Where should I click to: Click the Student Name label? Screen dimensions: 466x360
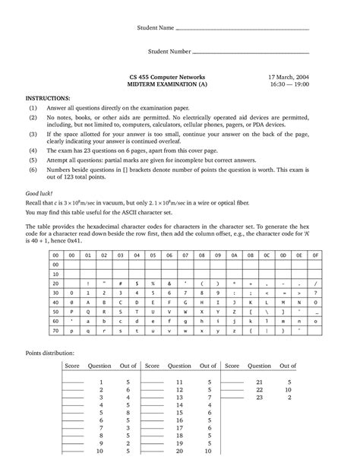pyautogui.click(x=154, y=29)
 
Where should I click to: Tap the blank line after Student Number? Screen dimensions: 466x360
pyautogui.click(x=251, y=54)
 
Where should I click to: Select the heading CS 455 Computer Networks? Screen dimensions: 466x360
pyautogui.click(x=166, y=79)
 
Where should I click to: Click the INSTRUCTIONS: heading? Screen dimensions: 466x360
pyautogui.click(x=48, y=98)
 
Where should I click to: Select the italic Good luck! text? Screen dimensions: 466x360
pyautogui.click(x=39, y=195)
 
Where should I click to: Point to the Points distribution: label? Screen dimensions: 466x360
pyautogui.click(x=50, y=353)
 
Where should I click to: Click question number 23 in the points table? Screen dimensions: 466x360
pyautogui.click(x=259, y=397)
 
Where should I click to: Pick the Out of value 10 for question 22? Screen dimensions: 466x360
pyautogui.click(x=288, y=388)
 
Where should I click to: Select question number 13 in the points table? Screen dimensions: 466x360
pyautogui.click(x=179, y=397)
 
